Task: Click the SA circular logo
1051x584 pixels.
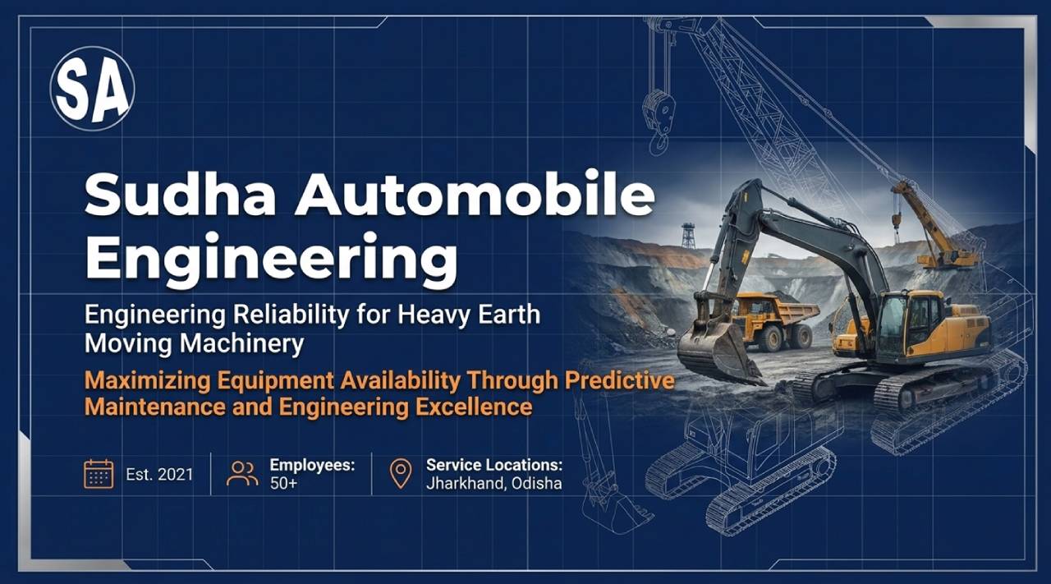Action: tap(93, 89)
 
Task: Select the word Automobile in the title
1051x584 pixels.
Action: tap(475, 193)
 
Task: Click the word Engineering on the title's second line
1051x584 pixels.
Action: tap(271, 260)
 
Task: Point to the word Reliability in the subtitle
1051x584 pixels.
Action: tap(291, 315)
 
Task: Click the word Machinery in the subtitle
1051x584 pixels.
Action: tap(242, 344)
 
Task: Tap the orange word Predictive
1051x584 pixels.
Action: tap(620, 380)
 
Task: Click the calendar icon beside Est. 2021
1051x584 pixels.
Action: tap(99, 474)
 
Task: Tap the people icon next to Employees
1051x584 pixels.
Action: tap(242, 474)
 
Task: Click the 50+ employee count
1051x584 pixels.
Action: tap(283, 484)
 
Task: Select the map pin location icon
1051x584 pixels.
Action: tap(401, 474)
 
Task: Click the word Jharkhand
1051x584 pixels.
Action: tap(466, 484)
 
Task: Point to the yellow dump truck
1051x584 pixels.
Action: tap(774, 320)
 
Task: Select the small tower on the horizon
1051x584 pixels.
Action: tap(688, 236)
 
